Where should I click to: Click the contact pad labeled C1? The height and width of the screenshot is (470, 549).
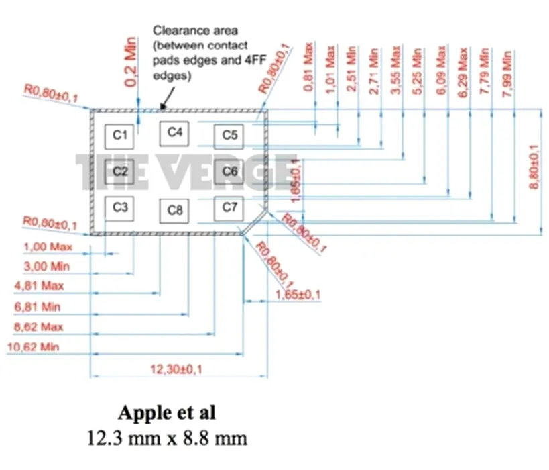pos(120,136)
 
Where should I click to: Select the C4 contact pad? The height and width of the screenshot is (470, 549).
pos(175,132)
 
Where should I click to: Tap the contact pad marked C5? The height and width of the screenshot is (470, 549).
pos(229,136)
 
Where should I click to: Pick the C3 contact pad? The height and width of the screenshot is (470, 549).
pos(120,207)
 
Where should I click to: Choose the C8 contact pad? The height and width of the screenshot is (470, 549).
pos(175,211)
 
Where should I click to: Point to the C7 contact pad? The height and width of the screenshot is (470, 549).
pos(229,207)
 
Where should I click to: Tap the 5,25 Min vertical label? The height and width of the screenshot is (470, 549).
pos(418,71)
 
